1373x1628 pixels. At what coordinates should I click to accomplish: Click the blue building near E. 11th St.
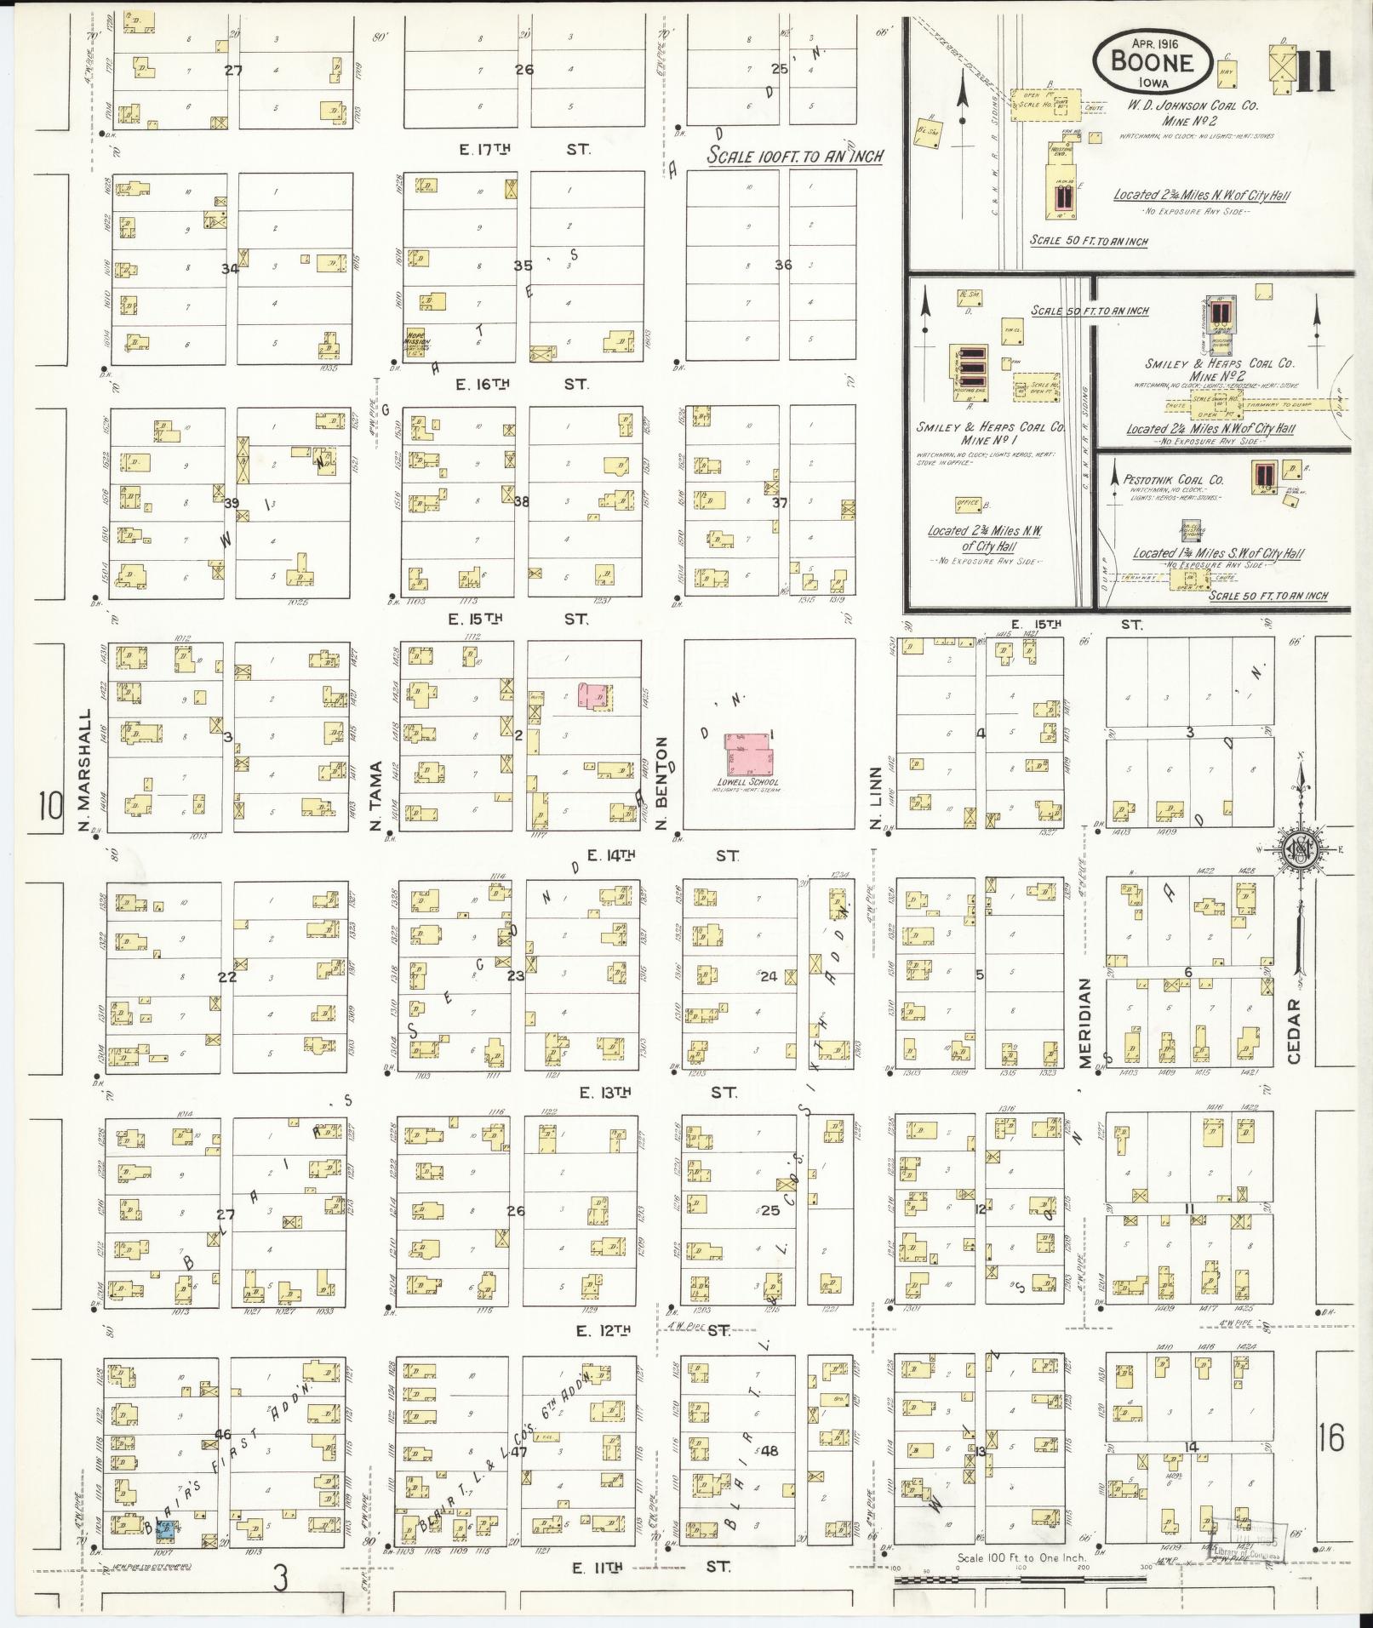click(x=167, y=1553)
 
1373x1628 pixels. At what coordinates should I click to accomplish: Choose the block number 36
click(x=783, y=265)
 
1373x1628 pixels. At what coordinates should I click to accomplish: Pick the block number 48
click(x=770, y=1450)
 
